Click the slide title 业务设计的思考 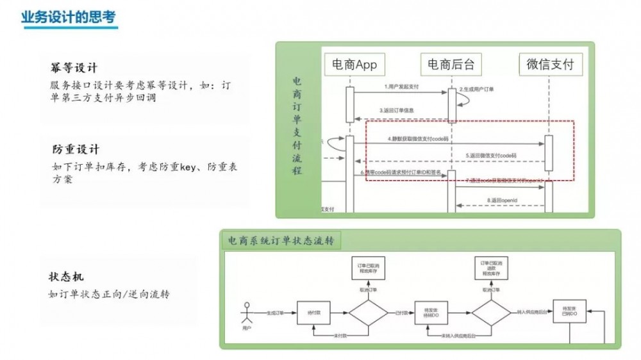[68, 17]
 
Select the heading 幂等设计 [74, 68]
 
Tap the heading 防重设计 [75, 149]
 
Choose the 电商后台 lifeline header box [451, 64]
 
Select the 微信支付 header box [549, 64]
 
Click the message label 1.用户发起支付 [401, 86]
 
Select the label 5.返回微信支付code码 [491, 156]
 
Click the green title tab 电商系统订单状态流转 [281, 241]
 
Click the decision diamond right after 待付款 [368, 313]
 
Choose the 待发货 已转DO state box [570, 313]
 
